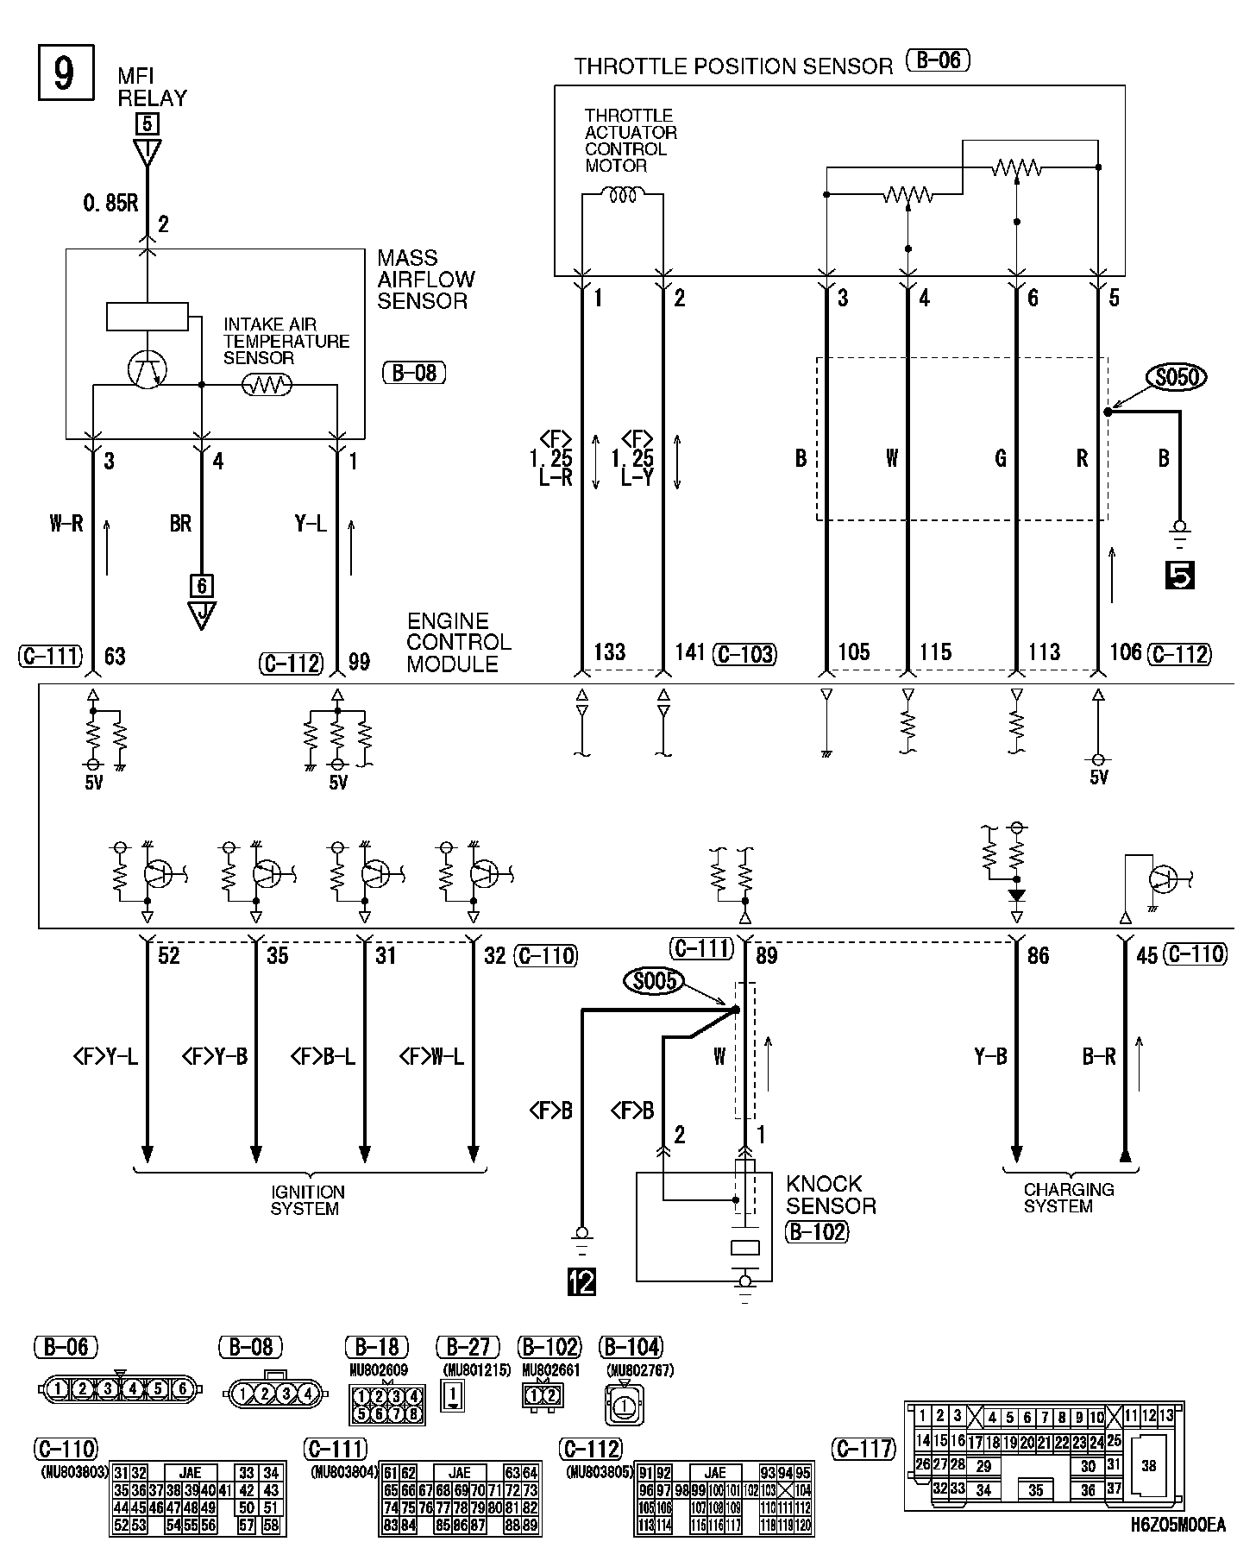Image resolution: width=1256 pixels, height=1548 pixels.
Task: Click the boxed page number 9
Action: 64,73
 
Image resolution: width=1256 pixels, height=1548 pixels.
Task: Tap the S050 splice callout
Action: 1175,377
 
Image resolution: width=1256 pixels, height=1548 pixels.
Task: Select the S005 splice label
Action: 654,981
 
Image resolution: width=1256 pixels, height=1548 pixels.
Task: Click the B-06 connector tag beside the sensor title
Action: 938,61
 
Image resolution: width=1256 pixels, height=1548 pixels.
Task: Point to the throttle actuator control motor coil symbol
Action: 623,196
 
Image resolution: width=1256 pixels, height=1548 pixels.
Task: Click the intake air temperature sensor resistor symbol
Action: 267,386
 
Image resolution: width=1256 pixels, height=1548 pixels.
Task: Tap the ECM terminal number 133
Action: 609,651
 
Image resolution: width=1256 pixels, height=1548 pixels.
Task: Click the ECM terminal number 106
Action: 1125,651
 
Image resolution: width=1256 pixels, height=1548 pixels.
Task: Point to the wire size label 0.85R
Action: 110,205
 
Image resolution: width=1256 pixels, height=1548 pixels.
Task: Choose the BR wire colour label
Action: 180,523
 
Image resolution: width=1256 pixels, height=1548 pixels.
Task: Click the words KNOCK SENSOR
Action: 830,1195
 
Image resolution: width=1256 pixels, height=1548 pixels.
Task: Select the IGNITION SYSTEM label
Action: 307,1200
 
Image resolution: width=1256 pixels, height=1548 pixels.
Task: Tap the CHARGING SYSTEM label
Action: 1068,1198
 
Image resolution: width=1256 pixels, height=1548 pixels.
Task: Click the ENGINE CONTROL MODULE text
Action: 458,643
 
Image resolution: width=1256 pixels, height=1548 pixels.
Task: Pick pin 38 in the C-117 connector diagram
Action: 1148,1465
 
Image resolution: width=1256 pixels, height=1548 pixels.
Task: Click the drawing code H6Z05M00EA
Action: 1177,1525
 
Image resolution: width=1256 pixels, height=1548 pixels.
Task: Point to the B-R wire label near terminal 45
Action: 1098,1056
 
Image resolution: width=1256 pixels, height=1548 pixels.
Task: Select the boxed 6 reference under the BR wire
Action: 201,586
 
